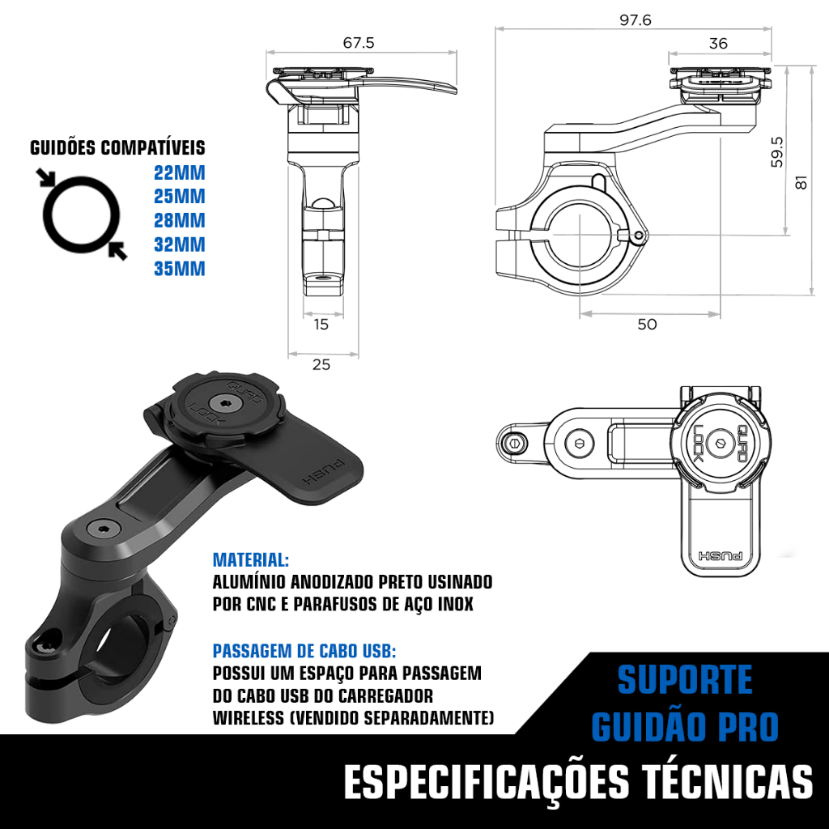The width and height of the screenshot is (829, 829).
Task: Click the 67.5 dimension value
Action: point(359,42)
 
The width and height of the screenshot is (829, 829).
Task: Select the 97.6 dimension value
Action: point(635,20)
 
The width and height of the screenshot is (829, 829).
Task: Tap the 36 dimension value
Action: point(718,44)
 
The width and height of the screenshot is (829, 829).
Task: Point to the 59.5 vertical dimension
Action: point(776,151)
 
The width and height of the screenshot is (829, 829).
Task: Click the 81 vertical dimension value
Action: point(801,182)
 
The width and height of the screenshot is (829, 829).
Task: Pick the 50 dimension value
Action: point(647,324)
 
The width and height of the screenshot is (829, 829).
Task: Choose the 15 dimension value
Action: point(321,324)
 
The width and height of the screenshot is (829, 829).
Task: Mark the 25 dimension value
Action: point(321,364)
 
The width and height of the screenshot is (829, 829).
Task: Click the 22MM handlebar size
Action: point(180,173)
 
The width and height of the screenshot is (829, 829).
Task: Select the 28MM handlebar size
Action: point(180,220)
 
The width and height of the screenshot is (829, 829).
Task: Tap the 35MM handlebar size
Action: point(180,269)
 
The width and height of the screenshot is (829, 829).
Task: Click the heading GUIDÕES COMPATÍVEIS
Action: point(117,147)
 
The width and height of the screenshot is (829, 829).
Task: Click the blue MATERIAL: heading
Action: point(251,560)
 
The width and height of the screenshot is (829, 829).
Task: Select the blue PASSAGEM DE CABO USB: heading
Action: point(304,651)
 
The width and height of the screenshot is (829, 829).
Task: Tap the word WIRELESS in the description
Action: point(249,718)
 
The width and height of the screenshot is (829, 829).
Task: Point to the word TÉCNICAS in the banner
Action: point(728,781)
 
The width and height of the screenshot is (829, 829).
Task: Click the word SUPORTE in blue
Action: point(685,680)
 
